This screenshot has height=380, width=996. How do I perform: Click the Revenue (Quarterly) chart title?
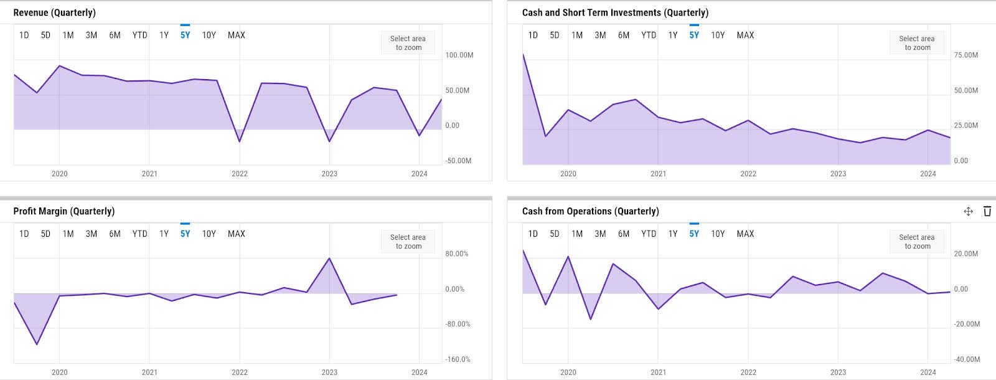[x=54, y=12]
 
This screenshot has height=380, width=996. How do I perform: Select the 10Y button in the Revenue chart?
[x=209, y=36]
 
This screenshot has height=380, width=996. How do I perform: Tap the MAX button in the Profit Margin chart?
[x=236, y=234]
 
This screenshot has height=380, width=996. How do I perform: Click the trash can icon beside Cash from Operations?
[x=987, y=211]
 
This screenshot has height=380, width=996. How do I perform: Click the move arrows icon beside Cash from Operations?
[x=968, y=211]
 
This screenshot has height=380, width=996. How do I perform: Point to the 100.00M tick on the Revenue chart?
[x=459, y=55]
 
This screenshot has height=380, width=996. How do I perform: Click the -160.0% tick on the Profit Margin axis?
[x=458, y=359]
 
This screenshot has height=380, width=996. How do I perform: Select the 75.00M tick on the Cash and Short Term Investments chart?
[x=965, y=55]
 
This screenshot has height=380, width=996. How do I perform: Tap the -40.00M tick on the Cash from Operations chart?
[x=967, y=359]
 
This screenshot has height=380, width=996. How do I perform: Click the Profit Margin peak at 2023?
[x=329, y=258]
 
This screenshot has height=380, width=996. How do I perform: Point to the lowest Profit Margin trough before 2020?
[x=37, y=344]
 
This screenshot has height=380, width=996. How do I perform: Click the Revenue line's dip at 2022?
[x=240, y=141]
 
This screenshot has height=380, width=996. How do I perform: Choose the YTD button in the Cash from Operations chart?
[x=649, y=234]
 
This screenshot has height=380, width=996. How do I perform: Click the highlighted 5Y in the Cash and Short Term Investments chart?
[x=694, y=36]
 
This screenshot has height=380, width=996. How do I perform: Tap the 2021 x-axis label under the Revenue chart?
[x=149, y=174]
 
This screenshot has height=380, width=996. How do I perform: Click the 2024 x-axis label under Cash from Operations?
[x=928, y=373]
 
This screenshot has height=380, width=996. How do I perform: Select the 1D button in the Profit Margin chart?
[x=24, y=234]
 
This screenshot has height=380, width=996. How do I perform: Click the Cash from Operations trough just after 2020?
[x=591, y=319]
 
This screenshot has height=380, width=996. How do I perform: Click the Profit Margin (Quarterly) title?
[x=63, y=211]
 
